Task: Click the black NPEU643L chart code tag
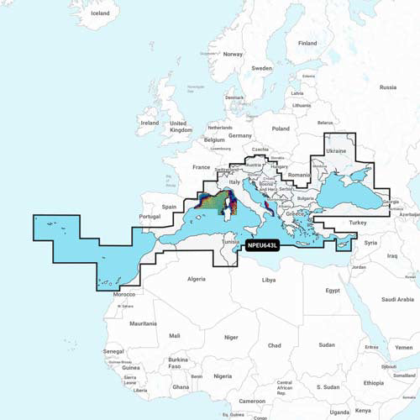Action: point(262,245)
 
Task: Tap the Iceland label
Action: point(100,13)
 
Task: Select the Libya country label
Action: point(268,280)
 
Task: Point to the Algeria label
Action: point(195,278)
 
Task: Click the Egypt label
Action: point(333,290)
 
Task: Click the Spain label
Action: point(169,206)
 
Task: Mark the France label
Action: point(201,167)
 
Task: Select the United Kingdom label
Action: point(181,126)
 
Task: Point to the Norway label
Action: point(233,54)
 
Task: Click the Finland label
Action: point(307,43)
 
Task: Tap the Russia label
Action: point(387,87)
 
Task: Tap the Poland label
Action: point(280,129)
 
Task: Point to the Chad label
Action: point(274,345)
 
